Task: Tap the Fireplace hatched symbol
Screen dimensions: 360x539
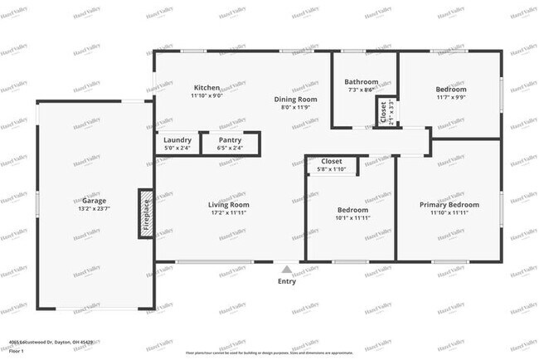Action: click(x=146, y=212)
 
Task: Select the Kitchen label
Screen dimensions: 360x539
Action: click(x=206, y=87)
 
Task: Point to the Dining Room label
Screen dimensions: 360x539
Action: click(x=295, y=99)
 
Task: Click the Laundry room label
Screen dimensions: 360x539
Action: click(x=177, y=139)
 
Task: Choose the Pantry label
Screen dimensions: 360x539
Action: click(x=230, y=139)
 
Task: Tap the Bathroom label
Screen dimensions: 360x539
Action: click(x=362, y=82)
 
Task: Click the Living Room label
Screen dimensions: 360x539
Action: click(x=229, y=204)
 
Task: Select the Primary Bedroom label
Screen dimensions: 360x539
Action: click(x=449, y=204)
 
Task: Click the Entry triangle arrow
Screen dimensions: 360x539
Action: click(x=286, y=269)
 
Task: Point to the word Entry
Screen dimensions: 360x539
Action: click(x=286, y=281)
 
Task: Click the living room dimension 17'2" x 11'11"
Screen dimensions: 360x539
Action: click(x=229, y=212)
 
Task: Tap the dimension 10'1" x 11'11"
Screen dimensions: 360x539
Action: click(x=352, y=218)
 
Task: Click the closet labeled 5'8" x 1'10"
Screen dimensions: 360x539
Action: click(x=332, y=169)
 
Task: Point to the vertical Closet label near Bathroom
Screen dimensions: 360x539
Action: click(x=382, y=112)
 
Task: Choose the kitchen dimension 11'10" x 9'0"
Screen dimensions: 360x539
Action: click(x=206, y=95)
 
